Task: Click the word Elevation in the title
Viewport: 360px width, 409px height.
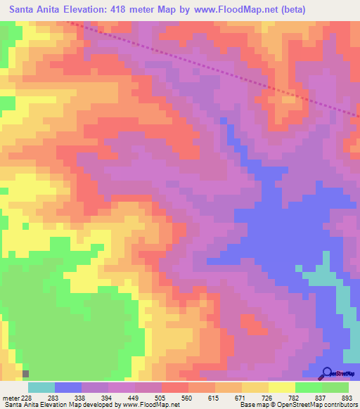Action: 98,10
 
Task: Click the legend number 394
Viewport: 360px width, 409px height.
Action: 108,398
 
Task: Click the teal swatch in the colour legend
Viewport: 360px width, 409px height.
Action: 41,387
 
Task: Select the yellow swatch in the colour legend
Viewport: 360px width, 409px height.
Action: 281,387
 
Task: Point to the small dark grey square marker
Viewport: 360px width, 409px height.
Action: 26,374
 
